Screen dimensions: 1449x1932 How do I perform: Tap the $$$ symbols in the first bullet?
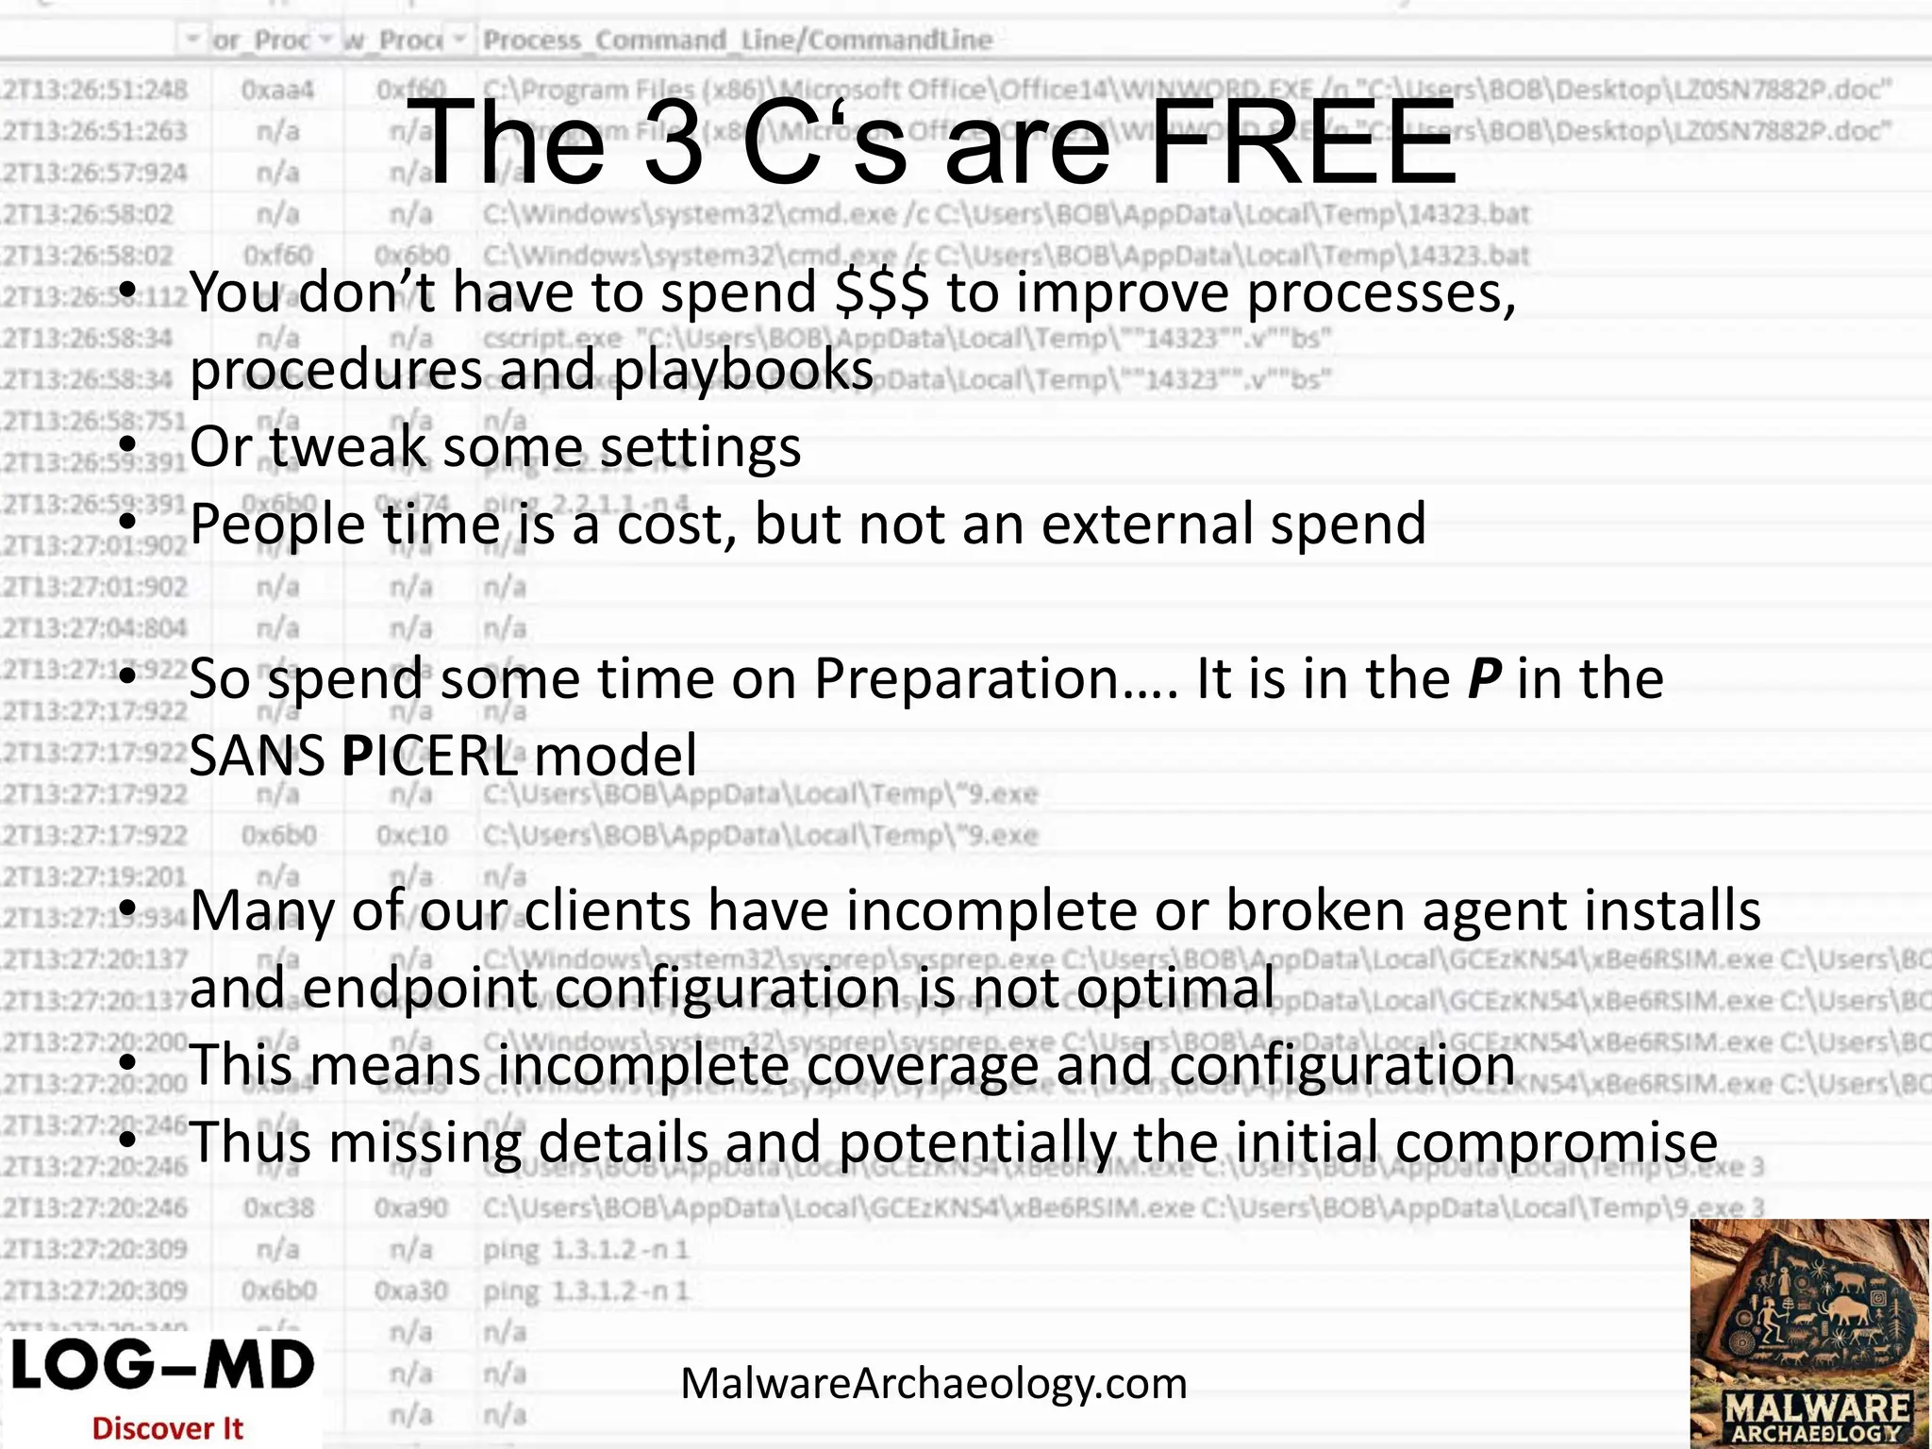point(882,292)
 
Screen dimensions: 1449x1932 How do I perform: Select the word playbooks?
point(743,370)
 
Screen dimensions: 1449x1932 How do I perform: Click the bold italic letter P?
point(1484,678)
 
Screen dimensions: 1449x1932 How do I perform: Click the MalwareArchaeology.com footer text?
point(934,1384)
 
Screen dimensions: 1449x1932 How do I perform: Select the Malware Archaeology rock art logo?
point(1809,1332)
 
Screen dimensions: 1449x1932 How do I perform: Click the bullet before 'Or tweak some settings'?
point(129,444)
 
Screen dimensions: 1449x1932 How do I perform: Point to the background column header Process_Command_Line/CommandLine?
point(738,41)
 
